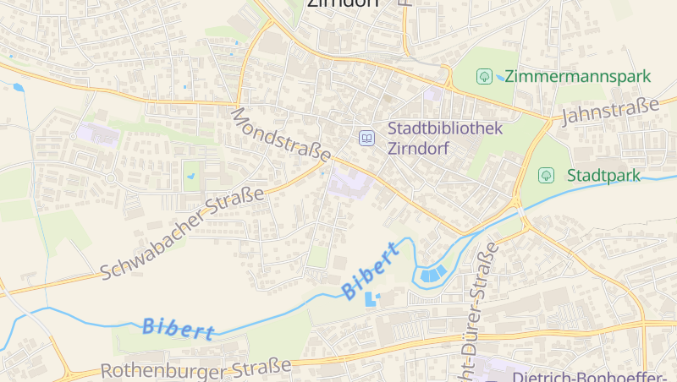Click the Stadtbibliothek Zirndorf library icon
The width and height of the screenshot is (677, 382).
[x=366, y=137]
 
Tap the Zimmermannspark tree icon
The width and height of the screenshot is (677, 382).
[x=484, y=76]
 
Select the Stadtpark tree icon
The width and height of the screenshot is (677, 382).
[x=547, y=176]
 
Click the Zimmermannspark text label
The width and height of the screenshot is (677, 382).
[x=578, y=76]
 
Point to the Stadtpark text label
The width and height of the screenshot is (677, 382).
[x=603, y=176]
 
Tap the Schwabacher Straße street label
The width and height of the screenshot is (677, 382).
[x=182, y=233]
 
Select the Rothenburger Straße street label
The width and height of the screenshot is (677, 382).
[x=195, y=369]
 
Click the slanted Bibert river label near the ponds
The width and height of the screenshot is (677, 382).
[x=370, y=270]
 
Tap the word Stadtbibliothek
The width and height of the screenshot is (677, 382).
[x=445, y=128]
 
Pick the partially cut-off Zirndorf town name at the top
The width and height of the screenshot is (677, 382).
[x=342, y=3]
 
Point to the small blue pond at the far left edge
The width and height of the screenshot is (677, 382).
[x=18, y=86]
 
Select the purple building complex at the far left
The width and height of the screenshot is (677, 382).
[x=99, y=134]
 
